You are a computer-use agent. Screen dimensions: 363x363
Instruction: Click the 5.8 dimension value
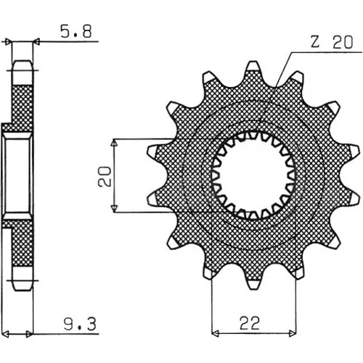click(x=76, y=32)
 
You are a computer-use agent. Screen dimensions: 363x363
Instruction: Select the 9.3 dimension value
click(x=80, y=325)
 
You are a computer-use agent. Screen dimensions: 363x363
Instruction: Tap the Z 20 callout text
click(x=332, y=42)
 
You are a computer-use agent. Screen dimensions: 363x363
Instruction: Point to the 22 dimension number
click(x=250, y=323)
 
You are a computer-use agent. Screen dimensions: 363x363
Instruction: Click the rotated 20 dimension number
click(x=105, y=176)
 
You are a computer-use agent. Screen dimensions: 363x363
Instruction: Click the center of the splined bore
click(x=253, y=175)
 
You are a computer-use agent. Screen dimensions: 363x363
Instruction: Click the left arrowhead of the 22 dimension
click(x=215, y=334)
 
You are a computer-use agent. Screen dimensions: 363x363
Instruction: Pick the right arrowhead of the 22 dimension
click(x=293, y=334)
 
